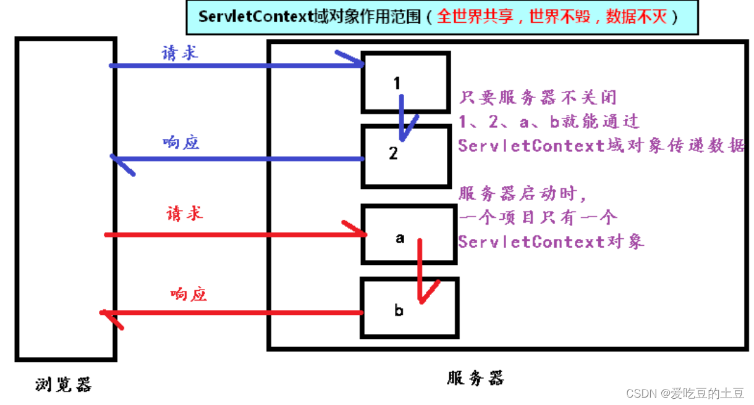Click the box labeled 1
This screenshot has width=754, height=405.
pos(405,82)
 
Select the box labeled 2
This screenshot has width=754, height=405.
pos(405,156)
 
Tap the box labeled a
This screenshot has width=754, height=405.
pos(408,235)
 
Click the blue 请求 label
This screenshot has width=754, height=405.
pos(180,53)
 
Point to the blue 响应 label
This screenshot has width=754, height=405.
pos(180,143)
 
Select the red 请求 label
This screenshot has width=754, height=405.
pos(184,214)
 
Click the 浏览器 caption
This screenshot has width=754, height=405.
pos(63,384)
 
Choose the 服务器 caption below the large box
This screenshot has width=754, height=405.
pos(475,377)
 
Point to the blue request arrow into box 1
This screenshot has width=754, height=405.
pos(235,65)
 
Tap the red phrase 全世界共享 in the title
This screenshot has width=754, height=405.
pos(475,17)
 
